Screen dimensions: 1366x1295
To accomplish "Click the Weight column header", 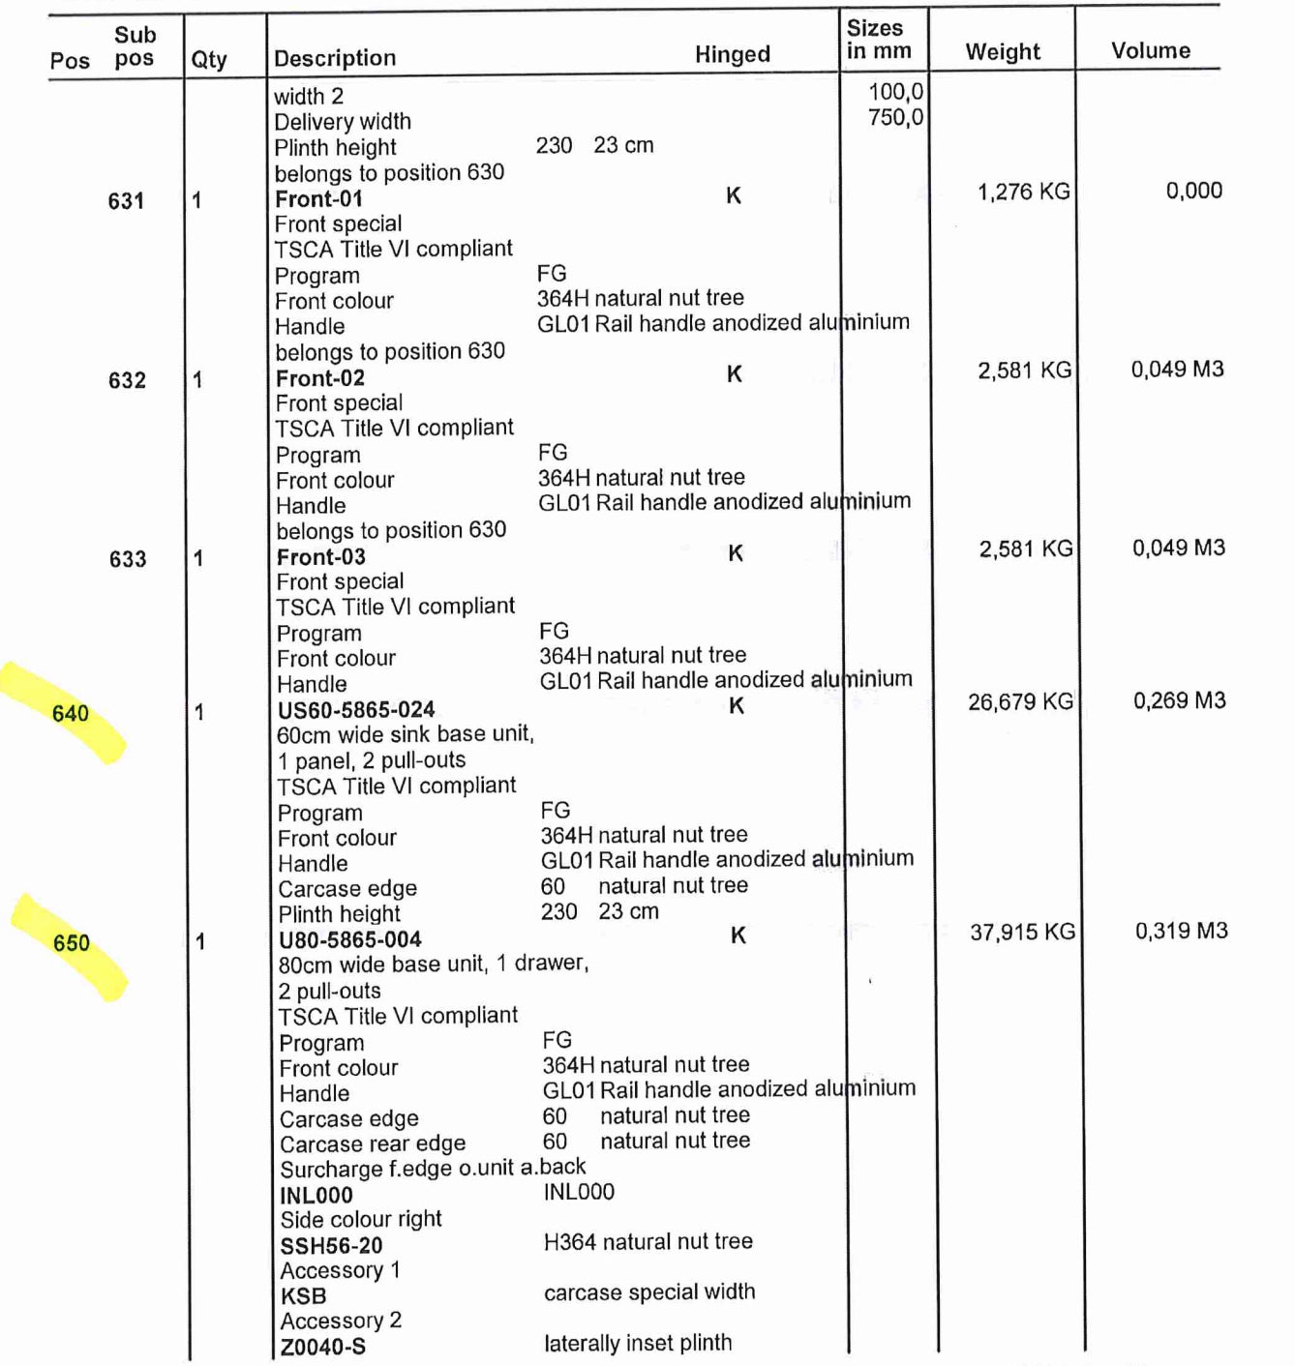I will coord(1003,52).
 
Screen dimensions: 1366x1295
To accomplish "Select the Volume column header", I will coord(1150,51).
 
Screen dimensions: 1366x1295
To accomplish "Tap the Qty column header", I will coord(209,60).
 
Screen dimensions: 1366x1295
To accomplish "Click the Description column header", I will coord(335,58).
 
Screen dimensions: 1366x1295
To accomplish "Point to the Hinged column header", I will coord(732,54).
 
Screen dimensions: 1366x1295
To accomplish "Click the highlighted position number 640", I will coord(71,714).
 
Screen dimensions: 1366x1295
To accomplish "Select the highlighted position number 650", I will coord(72,943).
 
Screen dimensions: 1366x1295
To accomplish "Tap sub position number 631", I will coord(126,201).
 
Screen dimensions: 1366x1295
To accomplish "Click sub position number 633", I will coord(128,559).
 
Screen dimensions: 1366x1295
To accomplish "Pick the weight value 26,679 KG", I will coord(1020,702).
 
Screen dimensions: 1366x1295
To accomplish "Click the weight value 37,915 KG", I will coord(1022,933).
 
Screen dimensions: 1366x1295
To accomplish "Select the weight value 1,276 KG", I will coord(1023,192).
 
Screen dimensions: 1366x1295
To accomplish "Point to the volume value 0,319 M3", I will coord(1181,932).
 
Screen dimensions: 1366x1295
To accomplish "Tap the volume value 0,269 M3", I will coord(1179,701).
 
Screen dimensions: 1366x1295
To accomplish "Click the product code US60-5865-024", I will coord(356,710).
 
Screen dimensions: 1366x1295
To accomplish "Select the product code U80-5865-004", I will coord(350,940).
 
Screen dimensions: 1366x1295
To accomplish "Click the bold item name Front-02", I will coord(320,378).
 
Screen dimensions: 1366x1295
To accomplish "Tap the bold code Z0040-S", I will coord(323,1347).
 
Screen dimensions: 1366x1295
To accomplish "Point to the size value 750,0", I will coord(895,118).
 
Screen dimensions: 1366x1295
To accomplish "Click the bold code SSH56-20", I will coord(331,1246).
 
